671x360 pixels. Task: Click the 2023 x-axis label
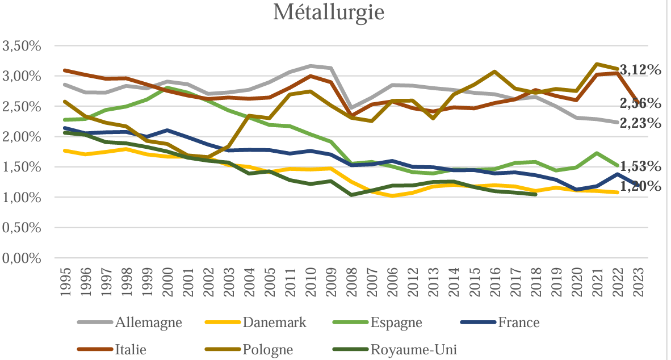pyautogui.click(x=638, y=279)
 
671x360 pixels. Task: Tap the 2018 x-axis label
pyautogui.click(x=536, y=279)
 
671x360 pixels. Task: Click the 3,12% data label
pyautogui.click(x=640, y=70)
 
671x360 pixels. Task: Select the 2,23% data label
pyautogui.click(x=640, y=123)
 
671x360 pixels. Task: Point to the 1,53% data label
pyautogui.click(x=640, y=166)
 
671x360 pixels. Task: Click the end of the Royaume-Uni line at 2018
pyautogui.click(x=535, y=194)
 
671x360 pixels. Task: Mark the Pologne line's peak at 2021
pyautogui.click(x=597, y=64)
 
